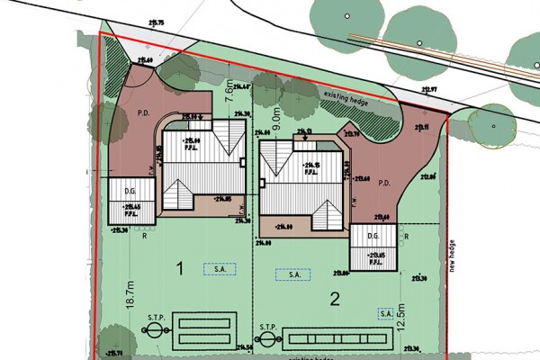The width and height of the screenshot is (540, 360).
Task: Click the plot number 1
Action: [181, 268]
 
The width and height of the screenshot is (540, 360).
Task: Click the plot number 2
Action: [334, 299]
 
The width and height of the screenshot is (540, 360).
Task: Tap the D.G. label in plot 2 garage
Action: [369, 239]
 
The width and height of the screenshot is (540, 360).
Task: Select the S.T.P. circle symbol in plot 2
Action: [266, 340]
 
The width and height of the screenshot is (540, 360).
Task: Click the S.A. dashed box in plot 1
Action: [219, 268]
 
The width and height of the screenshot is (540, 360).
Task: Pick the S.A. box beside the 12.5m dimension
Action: [383, 312]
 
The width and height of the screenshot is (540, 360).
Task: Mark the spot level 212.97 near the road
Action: [428, 90]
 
